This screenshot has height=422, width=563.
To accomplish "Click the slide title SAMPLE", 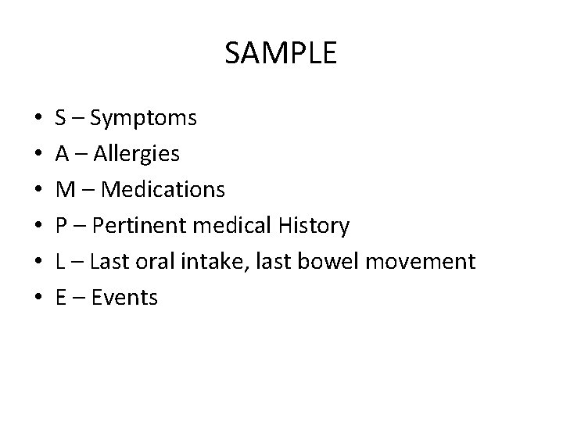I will pos(281,53).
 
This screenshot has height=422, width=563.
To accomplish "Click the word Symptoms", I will pos(143,119).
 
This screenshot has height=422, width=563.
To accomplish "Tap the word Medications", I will pos(163,190).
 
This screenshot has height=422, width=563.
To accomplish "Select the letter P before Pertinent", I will pos(61,226).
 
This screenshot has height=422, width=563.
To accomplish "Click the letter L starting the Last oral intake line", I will pos(60,261).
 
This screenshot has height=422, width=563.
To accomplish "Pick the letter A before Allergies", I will pos(62,154).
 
